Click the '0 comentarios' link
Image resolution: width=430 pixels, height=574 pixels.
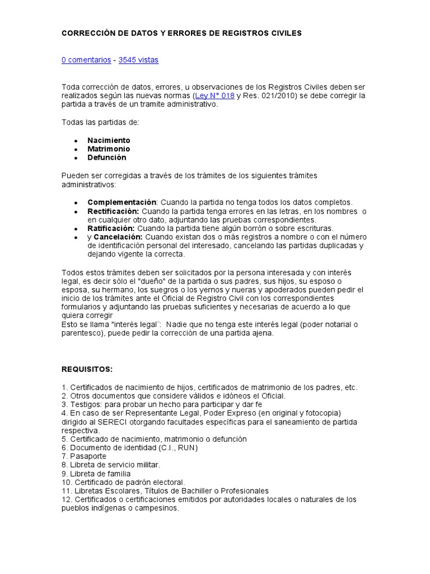(86, 60)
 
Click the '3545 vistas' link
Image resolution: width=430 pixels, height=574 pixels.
(138, 60)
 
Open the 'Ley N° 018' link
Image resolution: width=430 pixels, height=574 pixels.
(214, 96)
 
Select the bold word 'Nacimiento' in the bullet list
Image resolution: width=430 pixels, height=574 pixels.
(109, 140)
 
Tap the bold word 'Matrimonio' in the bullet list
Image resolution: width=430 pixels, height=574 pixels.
(109, 149)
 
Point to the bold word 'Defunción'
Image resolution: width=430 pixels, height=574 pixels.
(107, 158)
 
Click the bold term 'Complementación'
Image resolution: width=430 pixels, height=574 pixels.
(121, 202)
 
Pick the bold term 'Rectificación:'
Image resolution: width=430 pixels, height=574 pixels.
(113, 211)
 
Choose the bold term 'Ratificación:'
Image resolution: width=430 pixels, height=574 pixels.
(111, 228)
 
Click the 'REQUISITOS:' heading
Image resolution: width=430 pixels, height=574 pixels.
(87, 369)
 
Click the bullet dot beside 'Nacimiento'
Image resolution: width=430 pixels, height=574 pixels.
(76, 141)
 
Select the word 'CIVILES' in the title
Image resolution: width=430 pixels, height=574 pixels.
(286, 34)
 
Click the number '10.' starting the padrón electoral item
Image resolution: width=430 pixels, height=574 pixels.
(67, 482)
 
